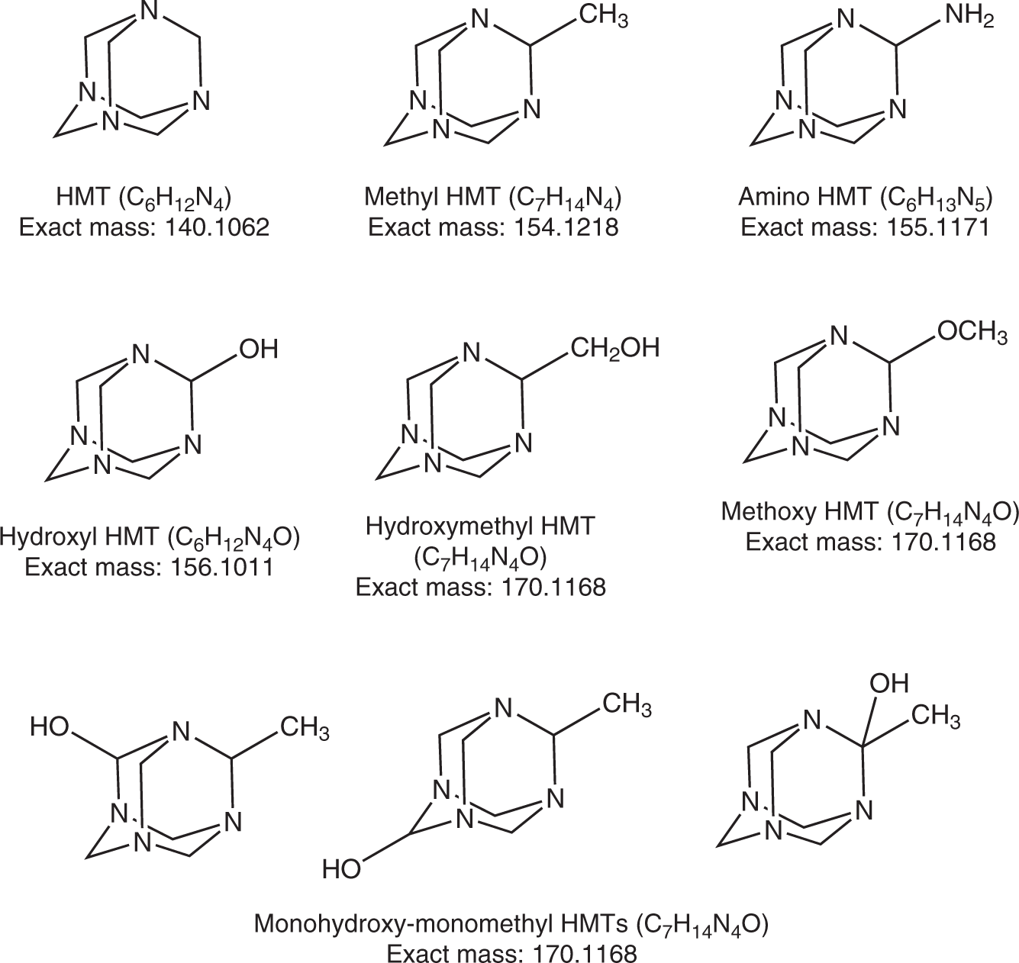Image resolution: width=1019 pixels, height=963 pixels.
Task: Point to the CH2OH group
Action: click(614, 348)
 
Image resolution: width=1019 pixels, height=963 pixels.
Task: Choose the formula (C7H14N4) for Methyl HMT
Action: click(564, 198)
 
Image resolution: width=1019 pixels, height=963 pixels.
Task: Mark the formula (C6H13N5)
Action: click(936, 198)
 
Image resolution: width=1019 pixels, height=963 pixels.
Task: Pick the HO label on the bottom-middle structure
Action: click(341, 868)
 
